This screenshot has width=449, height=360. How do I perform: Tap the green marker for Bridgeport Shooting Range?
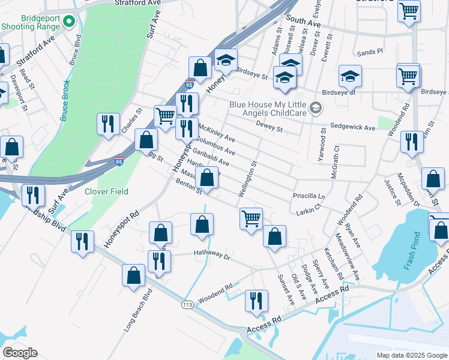[x=68, y=22]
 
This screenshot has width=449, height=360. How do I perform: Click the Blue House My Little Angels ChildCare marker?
[x=316, y=108]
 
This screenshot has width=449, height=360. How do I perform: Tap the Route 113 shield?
[x=188, y=304]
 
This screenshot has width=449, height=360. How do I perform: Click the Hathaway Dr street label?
[x=212, y=254]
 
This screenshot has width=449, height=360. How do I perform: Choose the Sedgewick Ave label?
[x=352, y=128]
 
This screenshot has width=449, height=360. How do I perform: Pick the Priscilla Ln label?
[x=309, y=196]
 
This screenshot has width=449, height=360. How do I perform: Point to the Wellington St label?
[x=248, y=179]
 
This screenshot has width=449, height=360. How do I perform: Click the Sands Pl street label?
[x=370, y=52]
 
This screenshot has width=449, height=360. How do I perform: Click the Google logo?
[x=20, y=353]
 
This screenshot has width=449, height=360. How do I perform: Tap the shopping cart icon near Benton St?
[x=250, y=218]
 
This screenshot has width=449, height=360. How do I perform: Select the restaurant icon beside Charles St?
[x=108, y=124]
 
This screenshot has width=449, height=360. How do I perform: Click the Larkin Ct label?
[x=309, y=212]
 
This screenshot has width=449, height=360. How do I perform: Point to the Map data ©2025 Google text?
[x=411, y=355]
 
